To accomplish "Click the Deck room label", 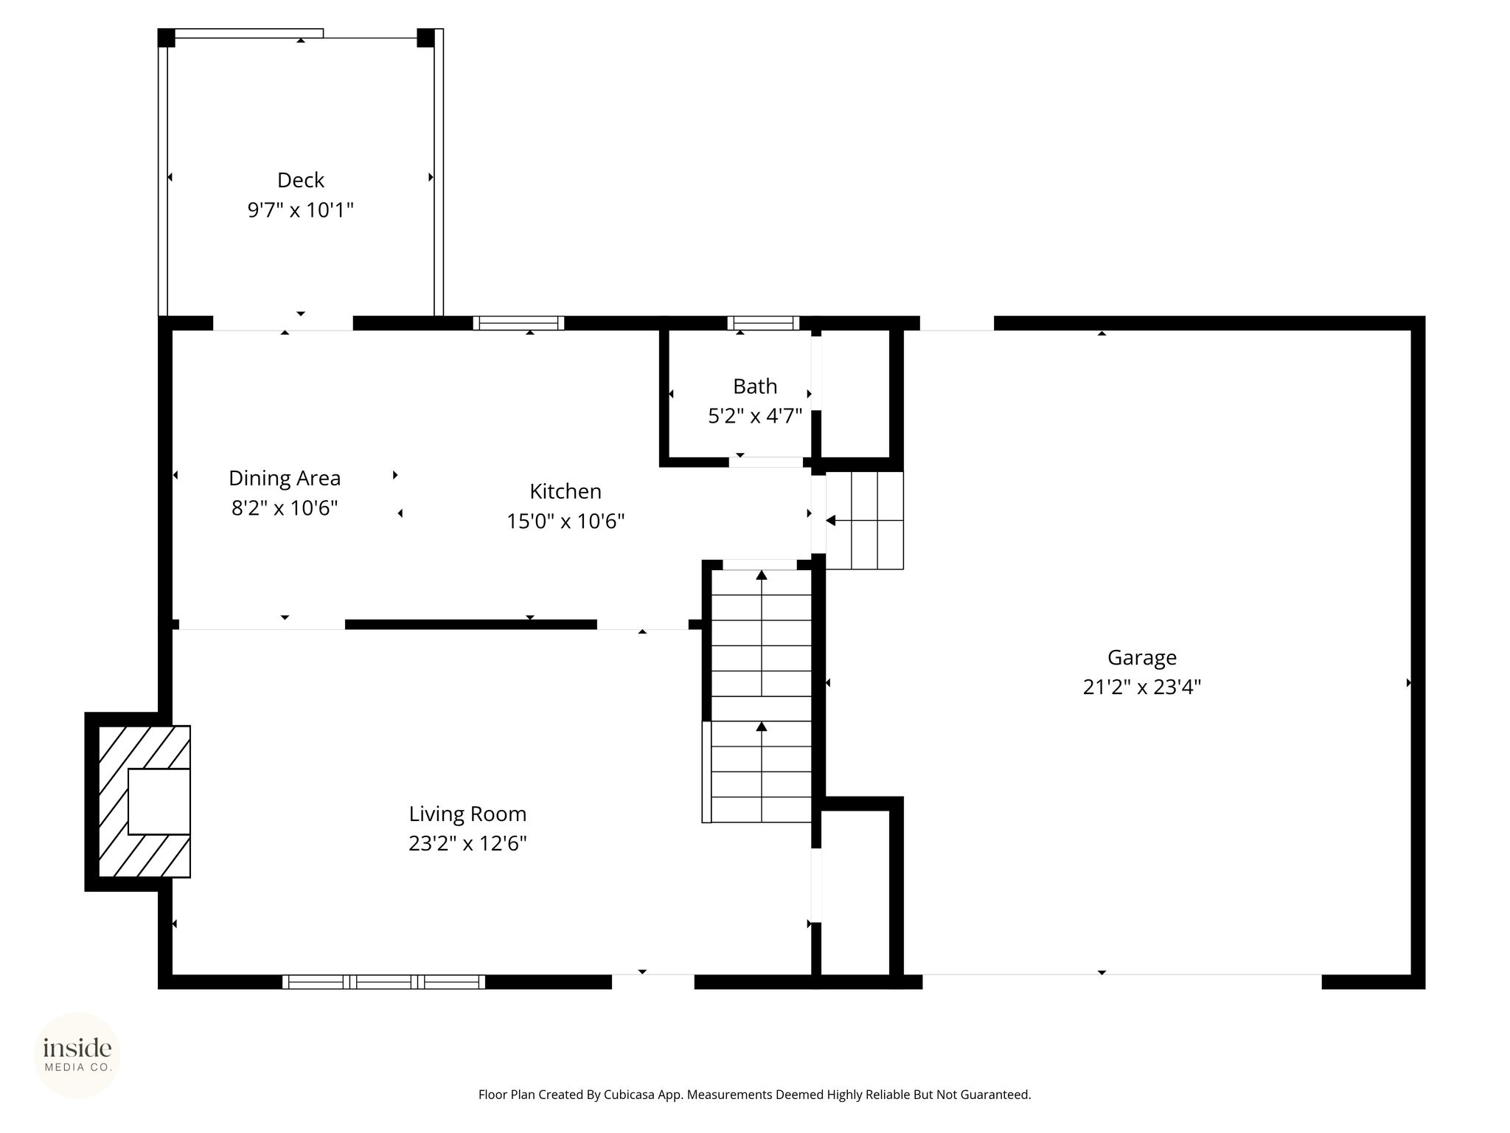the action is click(x=301, y=180).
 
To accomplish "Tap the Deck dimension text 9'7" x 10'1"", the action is click(x=301, y=210).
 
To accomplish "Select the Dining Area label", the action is click(x=285, y=479).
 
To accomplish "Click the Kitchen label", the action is click(x=566, y=491).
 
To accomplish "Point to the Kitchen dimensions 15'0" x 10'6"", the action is click(x=566, y=522).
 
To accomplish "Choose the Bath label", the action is click(x=755, y=387).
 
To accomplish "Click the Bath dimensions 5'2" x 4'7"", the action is click(x=755, y=416).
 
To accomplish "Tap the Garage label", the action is click(x=1142, y=658).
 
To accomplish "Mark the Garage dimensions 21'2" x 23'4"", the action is click(x=1142, y=687).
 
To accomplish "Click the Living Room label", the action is click(x=467, y=814).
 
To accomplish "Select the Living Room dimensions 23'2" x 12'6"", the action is click(x=467, y=843).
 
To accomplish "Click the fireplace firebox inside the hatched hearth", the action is click(x=159, y=802).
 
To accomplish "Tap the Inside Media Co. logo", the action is click(x=77, y=1055).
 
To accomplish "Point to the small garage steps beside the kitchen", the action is click(x=865, y=521).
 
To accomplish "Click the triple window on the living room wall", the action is click(x=383, y=982).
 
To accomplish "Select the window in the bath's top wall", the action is click(x=763, y=323).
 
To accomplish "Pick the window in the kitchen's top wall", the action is click(x=518, y=323).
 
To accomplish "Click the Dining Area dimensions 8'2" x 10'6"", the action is click(x=285, y=508).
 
